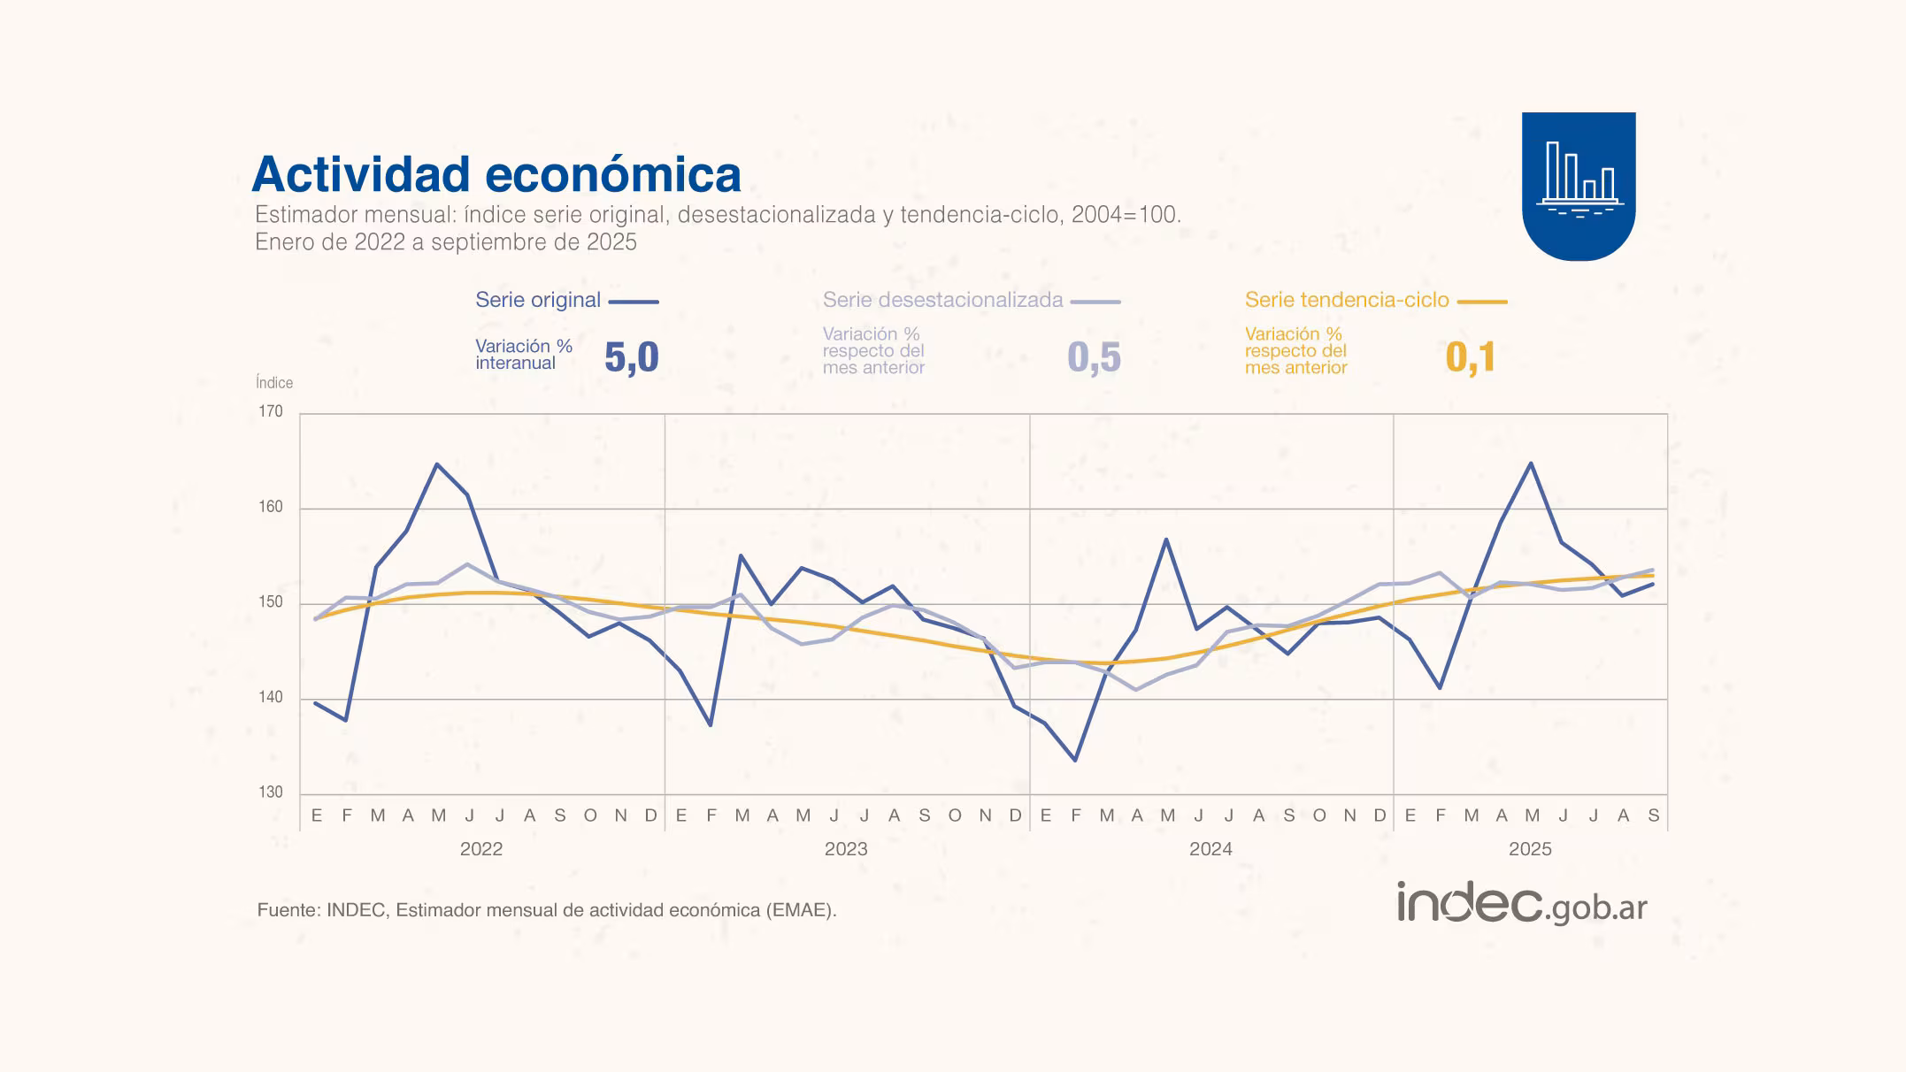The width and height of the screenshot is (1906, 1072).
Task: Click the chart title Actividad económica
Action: (496, 174)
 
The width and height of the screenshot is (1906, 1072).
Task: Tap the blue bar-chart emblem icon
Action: (1579, 184)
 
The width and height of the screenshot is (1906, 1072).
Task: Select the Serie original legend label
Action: (538, 300)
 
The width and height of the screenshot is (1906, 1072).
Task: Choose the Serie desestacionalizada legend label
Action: (942, 300)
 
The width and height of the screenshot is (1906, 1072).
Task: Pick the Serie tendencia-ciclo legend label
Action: (1347, 300)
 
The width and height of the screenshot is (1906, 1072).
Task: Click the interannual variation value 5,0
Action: (632, 357)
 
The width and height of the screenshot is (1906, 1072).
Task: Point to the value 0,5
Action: (1095, 357)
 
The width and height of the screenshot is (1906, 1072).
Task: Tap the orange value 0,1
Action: (1471, 357)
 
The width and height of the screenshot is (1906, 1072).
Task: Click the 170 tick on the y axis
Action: (271, 411)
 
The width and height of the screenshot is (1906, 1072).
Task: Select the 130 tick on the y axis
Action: (271, 792)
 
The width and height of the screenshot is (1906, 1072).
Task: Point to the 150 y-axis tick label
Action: (271, 602)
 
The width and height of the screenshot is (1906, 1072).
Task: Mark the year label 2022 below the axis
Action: (481, 849)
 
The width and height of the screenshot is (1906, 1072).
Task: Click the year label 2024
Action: (1210, 849)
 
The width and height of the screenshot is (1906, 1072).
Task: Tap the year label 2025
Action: (1530, 849)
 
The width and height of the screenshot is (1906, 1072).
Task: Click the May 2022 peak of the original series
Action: (437, 464)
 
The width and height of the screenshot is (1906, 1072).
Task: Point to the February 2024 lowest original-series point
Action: (1075, 760)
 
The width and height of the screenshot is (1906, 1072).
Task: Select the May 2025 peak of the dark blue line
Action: (1531, 463)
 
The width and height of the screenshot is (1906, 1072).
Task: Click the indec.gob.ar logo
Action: (1522, 904)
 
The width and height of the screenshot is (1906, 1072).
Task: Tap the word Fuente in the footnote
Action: (287, 910)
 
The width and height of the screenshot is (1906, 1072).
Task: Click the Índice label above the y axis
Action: (274, 382)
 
